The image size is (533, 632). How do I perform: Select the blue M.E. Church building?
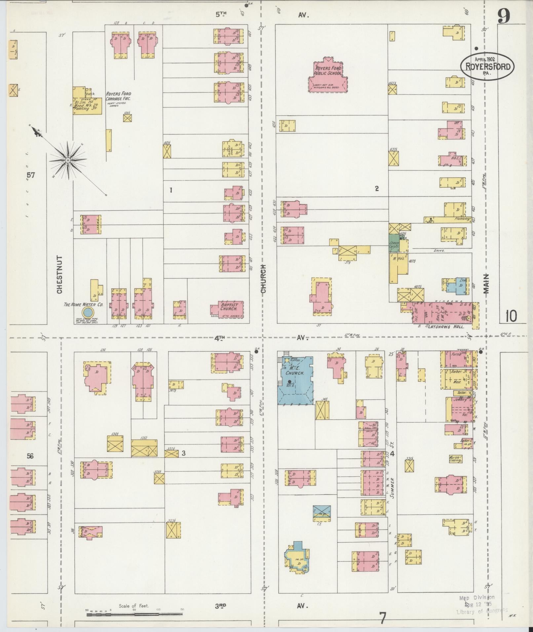pyautogui.click(x=295, y=380)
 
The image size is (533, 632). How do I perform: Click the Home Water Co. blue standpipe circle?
pyautogui.click(x=88, y=312)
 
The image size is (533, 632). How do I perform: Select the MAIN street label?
pyautogui.click(x=485, y=283)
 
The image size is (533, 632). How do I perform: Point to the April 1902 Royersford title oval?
pyautogui.click(x=487, y=66)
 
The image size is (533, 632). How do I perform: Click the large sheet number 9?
pyautogui.click(x=504, y=17)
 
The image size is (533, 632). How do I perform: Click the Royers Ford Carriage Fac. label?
pyautogui.click(x=118, y=96)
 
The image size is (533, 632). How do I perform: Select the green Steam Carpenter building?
pyautogui.click(x=394, y=244)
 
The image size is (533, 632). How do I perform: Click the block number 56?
pyautogui.click(x=30, y=456)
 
